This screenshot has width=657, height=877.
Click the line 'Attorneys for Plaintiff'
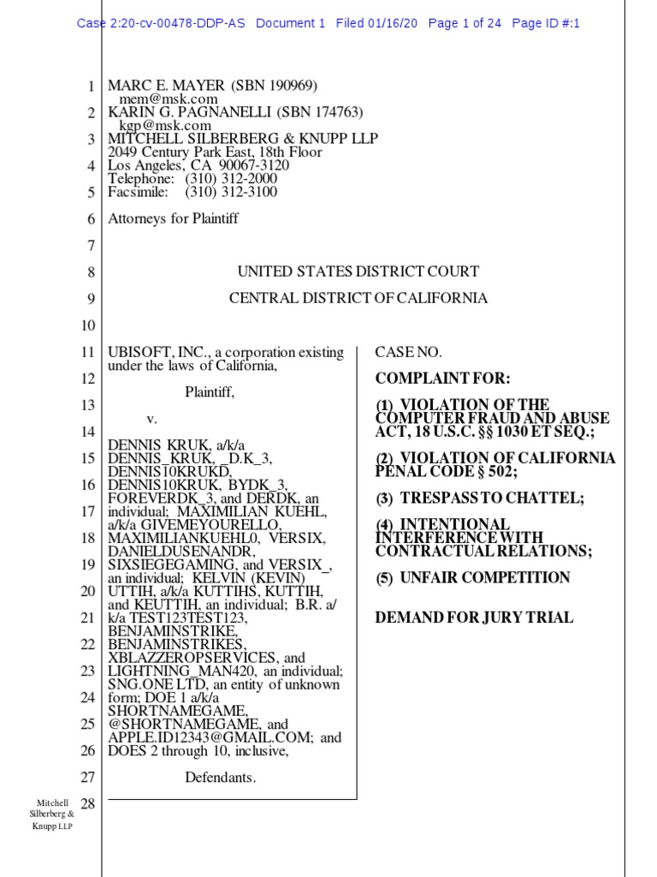click(173, 218)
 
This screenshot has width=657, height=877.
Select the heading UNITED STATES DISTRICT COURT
click(358, 271)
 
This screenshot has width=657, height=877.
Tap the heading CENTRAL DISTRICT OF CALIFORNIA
click(358, 298)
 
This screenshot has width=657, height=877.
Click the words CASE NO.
click(409, 352)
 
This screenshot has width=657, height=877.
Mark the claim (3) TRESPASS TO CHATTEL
click(471, 498)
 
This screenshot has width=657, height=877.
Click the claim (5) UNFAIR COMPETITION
click(473, 577)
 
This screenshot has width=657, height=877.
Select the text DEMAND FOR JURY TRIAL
click(475, 617)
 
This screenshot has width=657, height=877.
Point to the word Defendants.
click(221, 778)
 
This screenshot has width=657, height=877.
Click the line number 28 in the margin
click(86, 803)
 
